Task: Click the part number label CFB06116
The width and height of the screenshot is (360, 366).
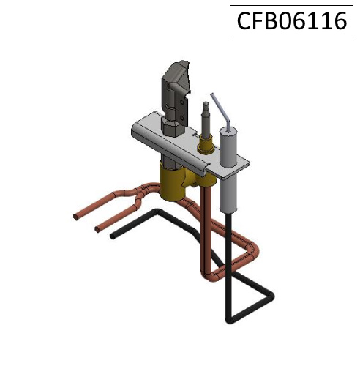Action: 291,21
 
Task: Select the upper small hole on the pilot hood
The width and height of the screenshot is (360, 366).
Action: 181,101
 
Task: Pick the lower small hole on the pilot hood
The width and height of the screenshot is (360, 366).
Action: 181,118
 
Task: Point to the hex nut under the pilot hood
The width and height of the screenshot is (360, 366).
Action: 172,127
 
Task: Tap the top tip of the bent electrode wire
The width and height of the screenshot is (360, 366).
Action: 211,94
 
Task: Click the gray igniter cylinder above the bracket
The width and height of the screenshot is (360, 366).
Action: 228,146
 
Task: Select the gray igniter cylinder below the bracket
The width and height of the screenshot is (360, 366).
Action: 229,194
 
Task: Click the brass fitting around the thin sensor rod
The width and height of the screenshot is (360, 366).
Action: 206,145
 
